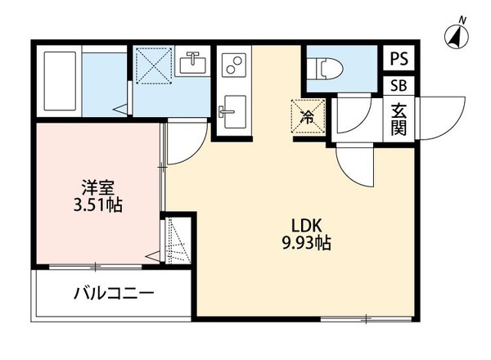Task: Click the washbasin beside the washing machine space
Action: click(194, 62)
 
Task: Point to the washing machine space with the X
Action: click(153, 65)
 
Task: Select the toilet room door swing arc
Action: click(349, 119)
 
